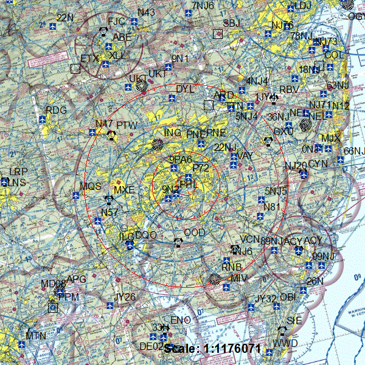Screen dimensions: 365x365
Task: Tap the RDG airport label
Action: tap(56, 110)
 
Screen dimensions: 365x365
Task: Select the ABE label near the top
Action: tap(122, 37)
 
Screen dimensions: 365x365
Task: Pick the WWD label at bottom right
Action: tap(285, 343)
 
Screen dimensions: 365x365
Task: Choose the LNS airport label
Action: tap(16, 182)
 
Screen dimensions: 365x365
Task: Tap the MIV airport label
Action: tap(238, 278)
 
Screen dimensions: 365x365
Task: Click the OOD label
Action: tap(195, 233)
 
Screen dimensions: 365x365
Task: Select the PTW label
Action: tap(127, 125)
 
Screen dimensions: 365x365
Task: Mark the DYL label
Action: tap(185, 89)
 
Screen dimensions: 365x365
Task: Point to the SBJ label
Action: tap(232, 23)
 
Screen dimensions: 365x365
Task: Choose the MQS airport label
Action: tap(91, 186)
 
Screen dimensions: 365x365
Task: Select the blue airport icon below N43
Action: tap(133, 23)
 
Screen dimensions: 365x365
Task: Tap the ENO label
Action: tap(181, 320)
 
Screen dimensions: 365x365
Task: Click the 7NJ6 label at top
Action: tap(203, 5)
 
